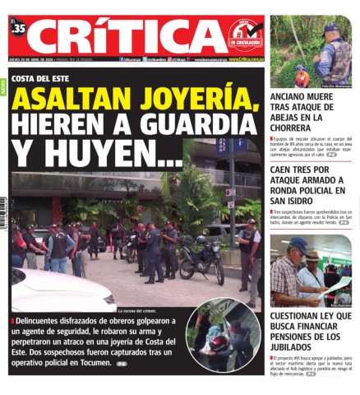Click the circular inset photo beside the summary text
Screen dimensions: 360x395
coord(224,335)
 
